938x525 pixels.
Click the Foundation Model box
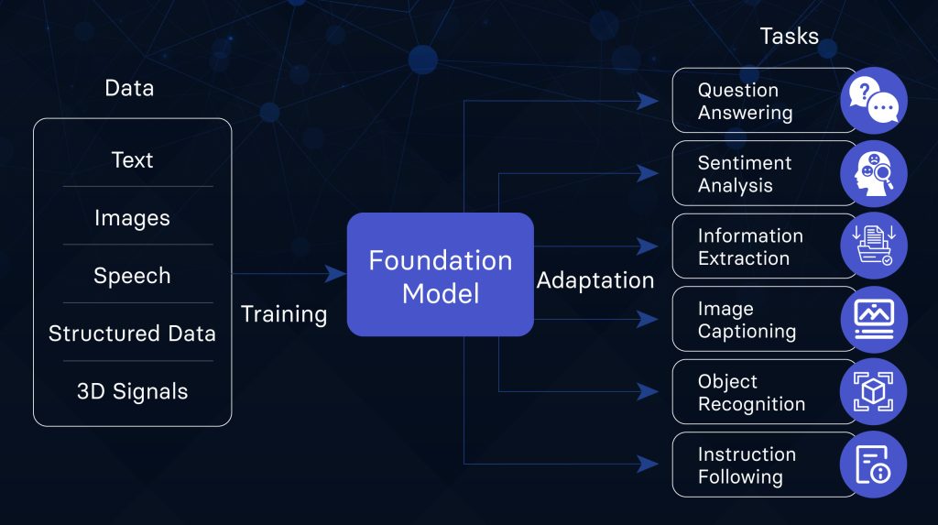pyautogui.click(x=441, y=274)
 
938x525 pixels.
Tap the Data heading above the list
pyautogui.click(x=129, y=88)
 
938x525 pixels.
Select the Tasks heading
pyautogui.click(x=789, y=36)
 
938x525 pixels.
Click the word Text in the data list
pyautogui.click(x=132, y=159)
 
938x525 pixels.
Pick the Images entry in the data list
pyautogui.click(x=132, y=218)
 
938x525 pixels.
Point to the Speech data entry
pyautogui.click(x=132, y=276)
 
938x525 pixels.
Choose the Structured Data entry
pyautogui.click(x=132, y=334)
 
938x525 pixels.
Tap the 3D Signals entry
pyautogui.click(x=132, y=391)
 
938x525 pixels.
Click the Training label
pyautogui.click(x=284, y=314)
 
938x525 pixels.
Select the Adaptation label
pyautogui.click(x=595, y=280)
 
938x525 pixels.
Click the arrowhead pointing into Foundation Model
pyautogui.click(x=335, y=274)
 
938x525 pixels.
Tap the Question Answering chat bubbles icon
pyautogui.click(x=874, y=101)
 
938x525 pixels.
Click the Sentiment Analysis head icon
pyautogui.click(x=874, y=173)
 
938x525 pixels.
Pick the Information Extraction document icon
pyautogui.click(x=874, y=246)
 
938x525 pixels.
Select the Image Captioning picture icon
pyautogui.click(x=874, y=319)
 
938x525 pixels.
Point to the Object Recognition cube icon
pyautogui.click(x=873, y=391)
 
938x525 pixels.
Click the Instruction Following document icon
pyautogui.click(x=873, y=465)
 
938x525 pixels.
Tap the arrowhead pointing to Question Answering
pyautogui.click(x=648, y=101)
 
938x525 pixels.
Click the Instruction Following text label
pyautogui.click(x=747, y=465)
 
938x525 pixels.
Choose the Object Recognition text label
pyautogui.click(x=751, y=393)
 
